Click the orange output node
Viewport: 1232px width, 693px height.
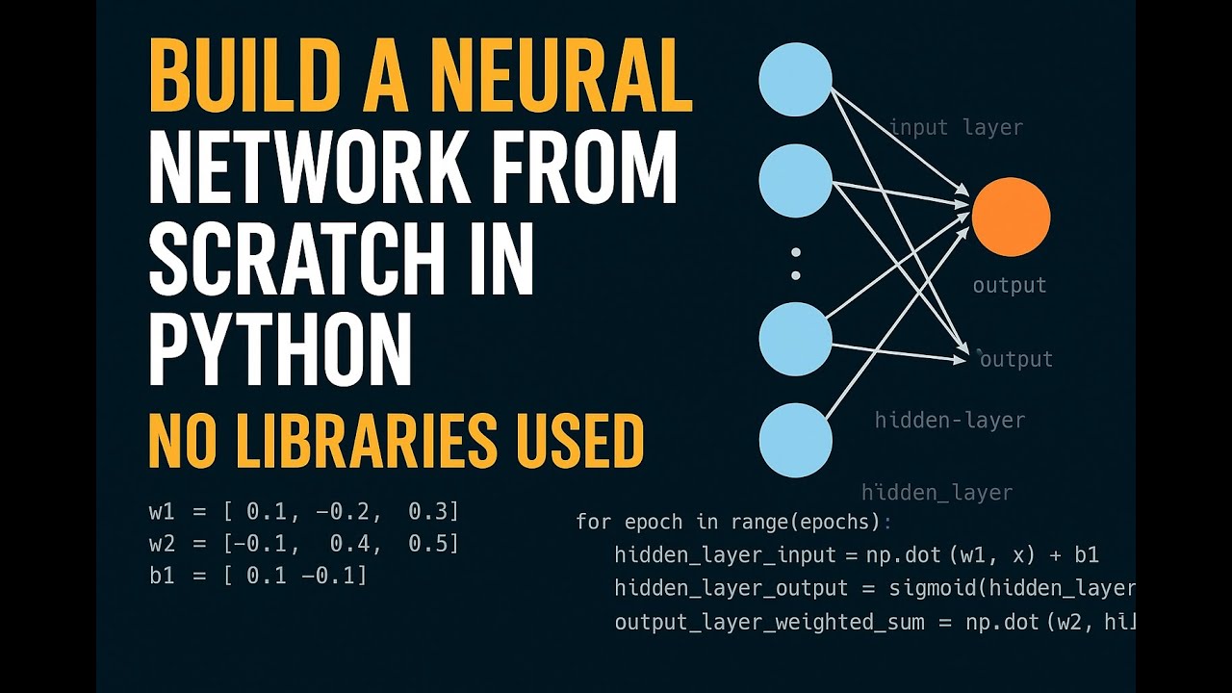pos(1011,218)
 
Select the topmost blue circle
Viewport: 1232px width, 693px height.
pos(795,80)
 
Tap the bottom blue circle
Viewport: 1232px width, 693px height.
pos(795,441)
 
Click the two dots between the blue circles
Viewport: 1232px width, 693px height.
pos(796,264)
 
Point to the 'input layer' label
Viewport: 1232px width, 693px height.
pos(956,127)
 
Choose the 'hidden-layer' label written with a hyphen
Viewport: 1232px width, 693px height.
pos(949,420)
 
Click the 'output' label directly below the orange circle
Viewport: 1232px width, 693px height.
pos(1009,285)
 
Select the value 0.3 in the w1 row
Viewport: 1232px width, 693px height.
pos(426,511)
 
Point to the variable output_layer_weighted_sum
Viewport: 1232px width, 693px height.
pos(770,622)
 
